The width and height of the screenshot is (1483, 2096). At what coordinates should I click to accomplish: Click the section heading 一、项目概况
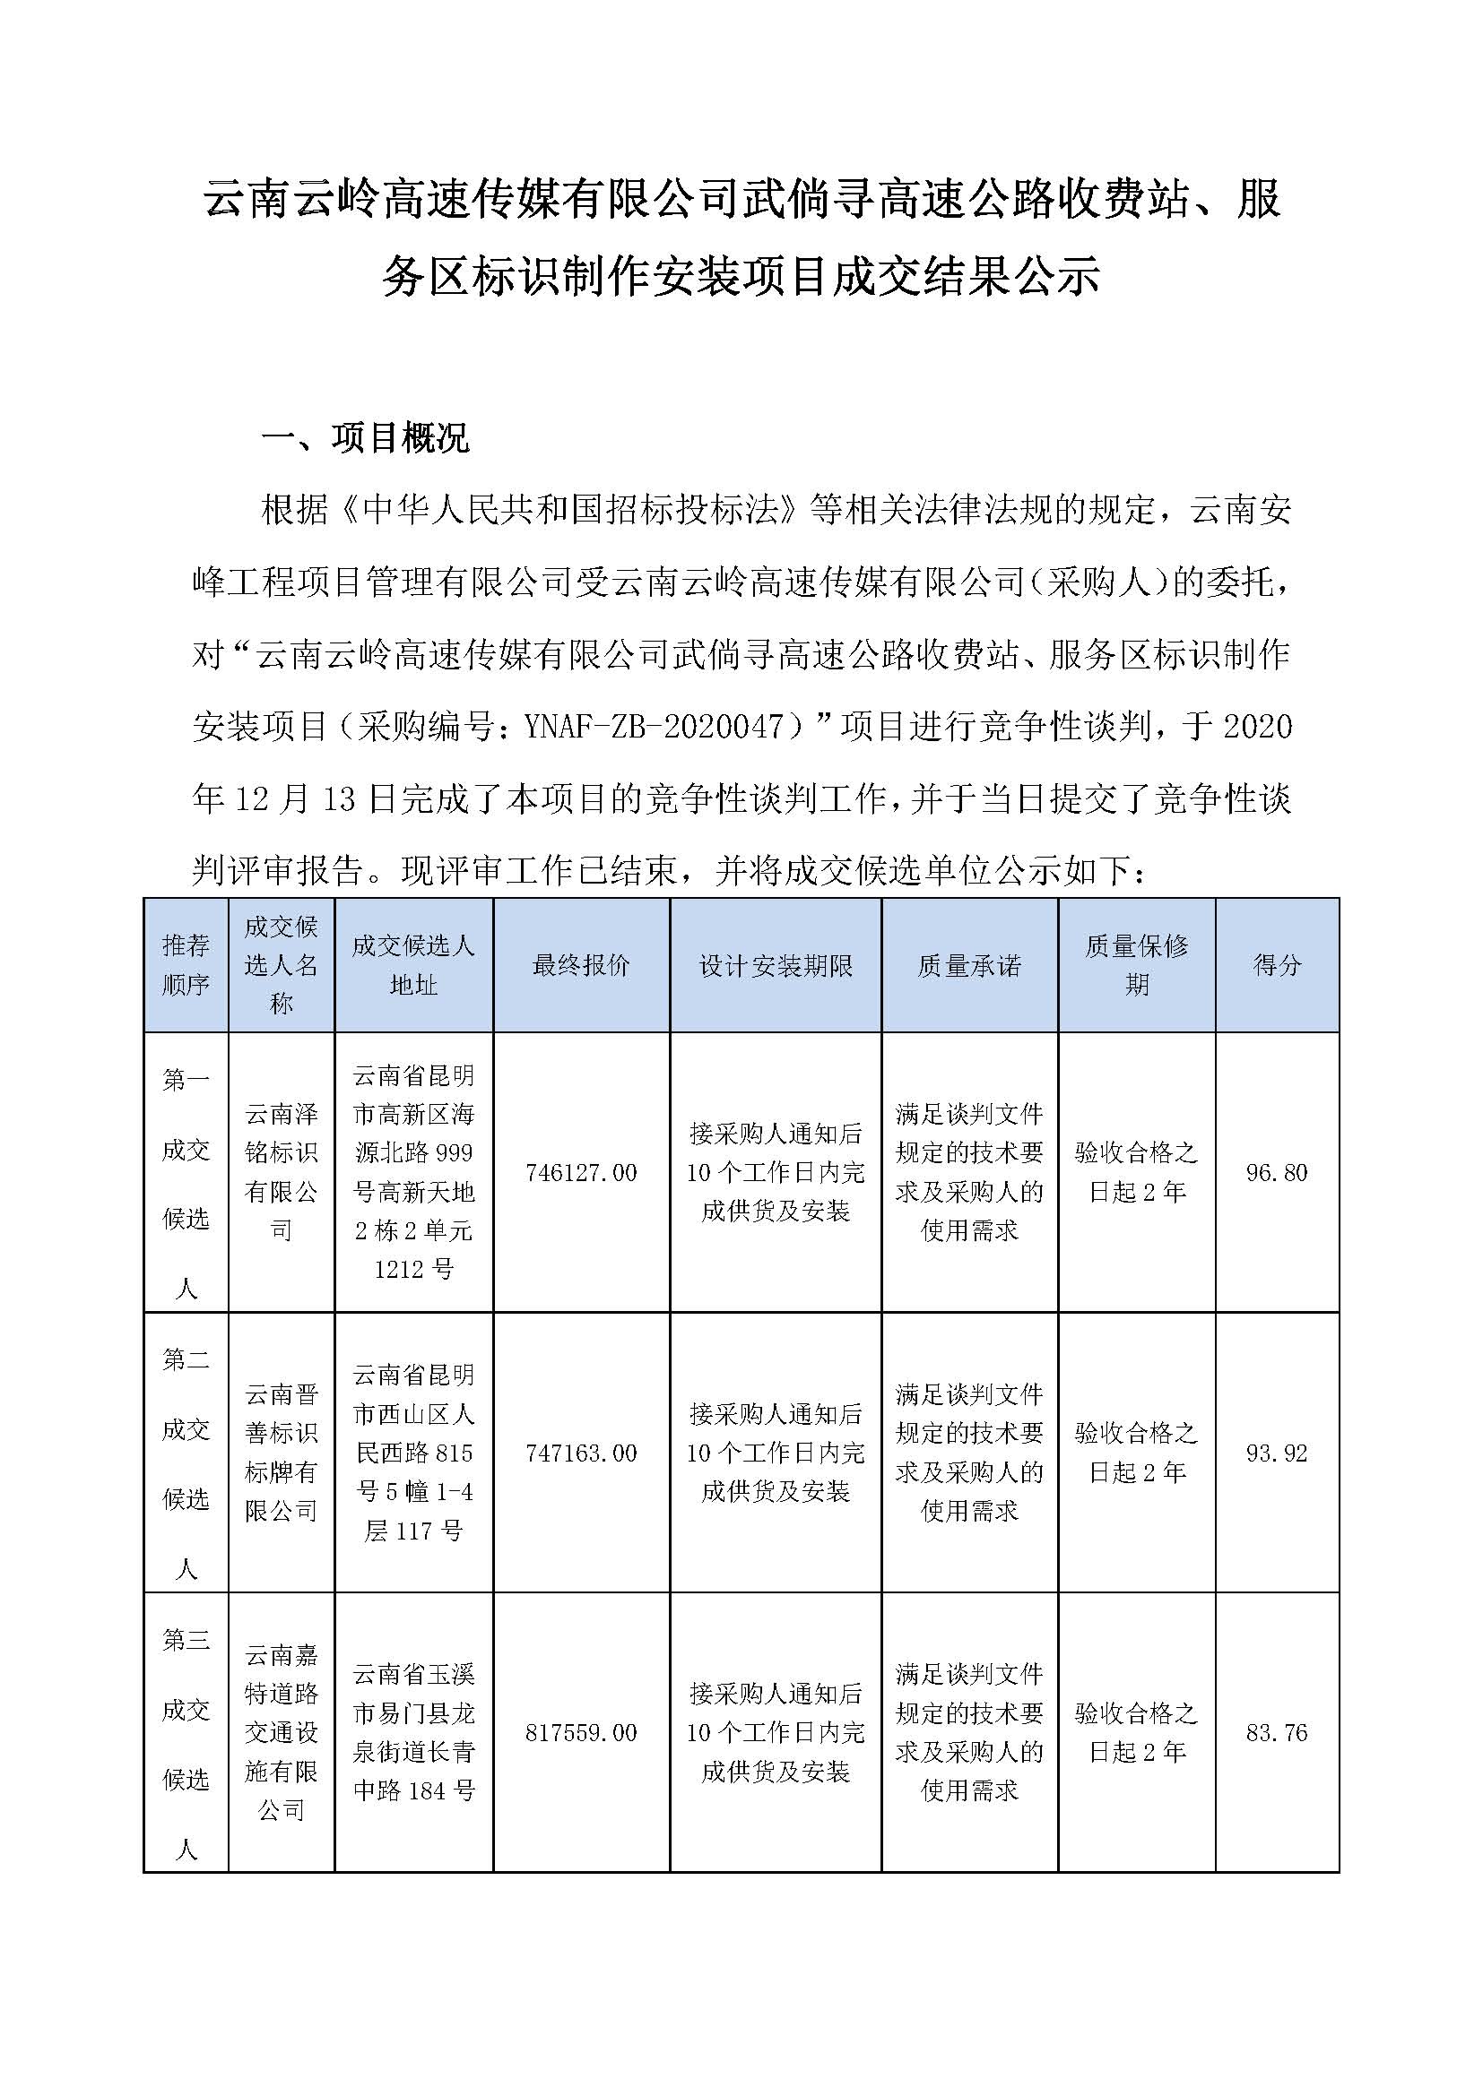[364, 439]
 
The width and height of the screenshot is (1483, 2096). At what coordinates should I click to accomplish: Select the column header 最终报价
[581, 966]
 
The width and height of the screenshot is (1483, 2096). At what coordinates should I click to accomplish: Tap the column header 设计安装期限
[776, 966]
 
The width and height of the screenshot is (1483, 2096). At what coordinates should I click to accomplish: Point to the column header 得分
[1276, 966]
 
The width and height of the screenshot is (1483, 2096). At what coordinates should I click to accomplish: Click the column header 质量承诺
[969, 966]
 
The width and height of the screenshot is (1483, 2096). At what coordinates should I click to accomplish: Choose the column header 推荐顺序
[186, 966]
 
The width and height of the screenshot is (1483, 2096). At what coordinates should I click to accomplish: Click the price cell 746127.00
[581, 1173]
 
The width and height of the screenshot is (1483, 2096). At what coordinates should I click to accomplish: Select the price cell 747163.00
[581, 1453]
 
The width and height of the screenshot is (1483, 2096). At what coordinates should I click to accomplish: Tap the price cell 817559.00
[581, 1733]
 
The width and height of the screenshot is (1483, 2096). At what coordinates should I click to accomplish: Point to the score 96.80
[1276, 1173]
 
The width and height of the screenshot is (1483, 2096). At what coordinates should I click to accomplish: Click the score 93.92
[1276, 1453]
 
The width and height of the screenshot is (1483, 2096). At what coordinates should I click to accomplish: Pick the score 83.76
[1276, 1733]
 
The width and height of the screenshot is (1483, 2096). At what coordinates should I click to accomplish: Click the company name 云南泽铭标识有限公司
[282, 1173]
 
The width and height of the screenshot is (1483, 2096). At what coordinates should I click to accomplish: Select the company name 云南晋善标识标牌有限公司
[282, 1453]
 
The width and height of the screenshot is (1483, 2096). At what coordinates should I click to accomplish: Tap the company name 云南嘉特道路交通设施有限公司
[282, 1733]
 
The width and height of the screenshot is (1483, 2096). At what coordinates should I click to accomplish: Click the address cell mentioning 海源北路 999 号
[413, 1173]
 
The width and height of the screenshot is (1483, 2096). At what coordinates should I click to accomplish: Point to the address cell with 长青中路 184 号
[413, 1733]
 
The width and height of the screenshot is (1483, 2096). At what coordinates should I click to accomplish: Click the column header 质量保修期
[1136, 966]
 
